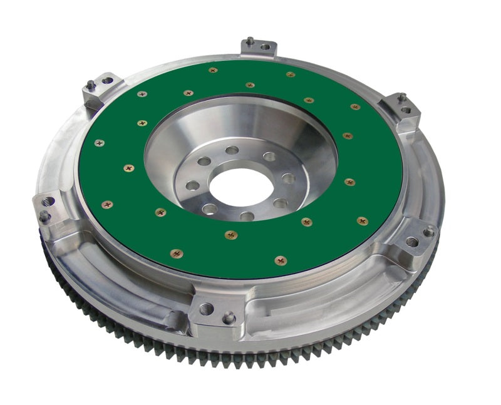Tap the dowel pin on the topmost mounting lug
coord(250,41)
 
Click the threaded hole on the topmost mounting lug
coord(265,46)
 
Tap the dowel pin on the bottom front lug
coord(229,317)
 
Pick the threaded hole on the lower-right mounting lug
coord(411,241)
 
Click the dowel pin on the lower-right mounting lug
coord(428,231)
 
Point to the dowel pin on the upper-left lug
coord(91,84)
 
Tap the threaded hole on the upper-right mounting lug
coord(406,110)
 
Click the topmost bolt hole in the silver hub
coord(232,150)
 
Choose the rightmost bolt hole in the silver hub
coord(288,178)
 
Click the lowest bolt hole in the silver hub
coord(247,217)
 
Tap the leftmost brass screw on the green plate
coord(99,143)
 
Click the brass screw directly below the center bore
coord(232,235)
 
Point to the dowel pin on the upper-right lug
coord(402,97)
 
